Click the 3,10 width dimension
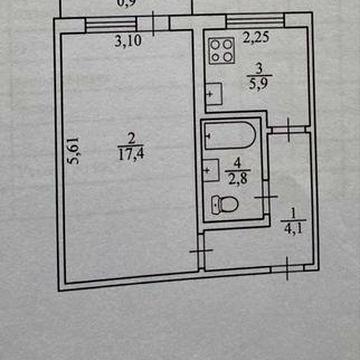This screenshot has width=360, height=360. [x=127, y=42]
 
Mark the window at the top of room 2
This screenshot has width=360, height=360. [x=111, y=22]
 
